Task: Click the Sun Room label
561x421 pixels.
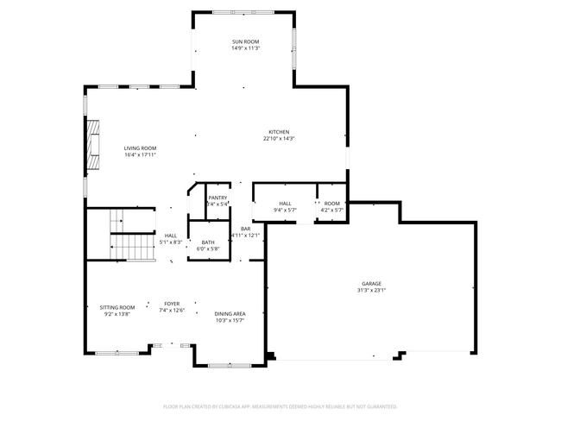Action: point(245,41)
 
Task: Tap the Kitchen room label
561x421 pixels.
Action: point(278,132)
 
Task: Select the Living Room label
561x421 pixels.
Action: point(140,148)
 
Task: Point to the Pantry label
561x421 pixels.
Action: point(217,198)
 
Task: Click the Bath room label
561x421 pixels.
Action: point(208,242)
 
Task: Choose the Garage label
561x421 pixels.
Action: point(371,284)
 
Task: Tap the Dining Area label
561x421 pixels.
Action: point(230,314)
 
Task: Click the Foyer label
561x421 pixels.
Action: point(173,304)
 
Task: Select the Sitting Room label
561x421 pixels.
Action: point(117,308)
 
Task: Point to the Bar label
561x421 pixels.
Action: point(245,229)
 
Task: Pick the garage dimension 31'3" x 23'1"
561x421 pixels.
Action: point(371,291)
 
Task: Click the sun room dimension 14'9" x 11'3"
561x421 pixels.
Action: point(245,48)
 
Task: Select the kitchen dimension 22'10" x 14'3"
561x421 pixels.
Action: point(278,139)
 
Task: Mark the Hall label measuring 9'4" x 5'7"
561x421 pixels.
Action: point(285,204)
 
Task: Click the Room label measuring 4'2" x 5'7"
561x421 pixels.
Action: point(331,204)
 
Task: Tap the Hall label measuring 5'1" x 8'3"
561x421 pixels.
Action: point(171,236)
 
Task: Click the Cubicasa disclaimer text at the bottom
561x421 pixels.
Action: point(280,405)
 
